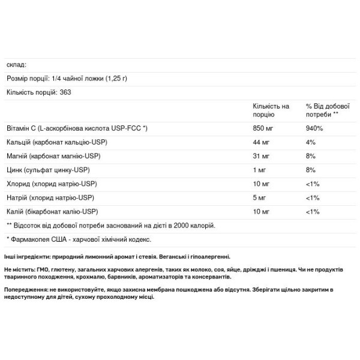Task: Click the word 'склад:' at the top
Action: [17, 64]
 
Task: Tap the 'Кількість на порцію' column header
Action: [271, 110]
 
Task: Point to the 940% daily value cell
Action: [314, 128]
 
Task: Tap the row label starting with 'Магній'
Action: [52, 156]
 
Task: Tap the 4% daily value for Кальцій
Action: [310, 142]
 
